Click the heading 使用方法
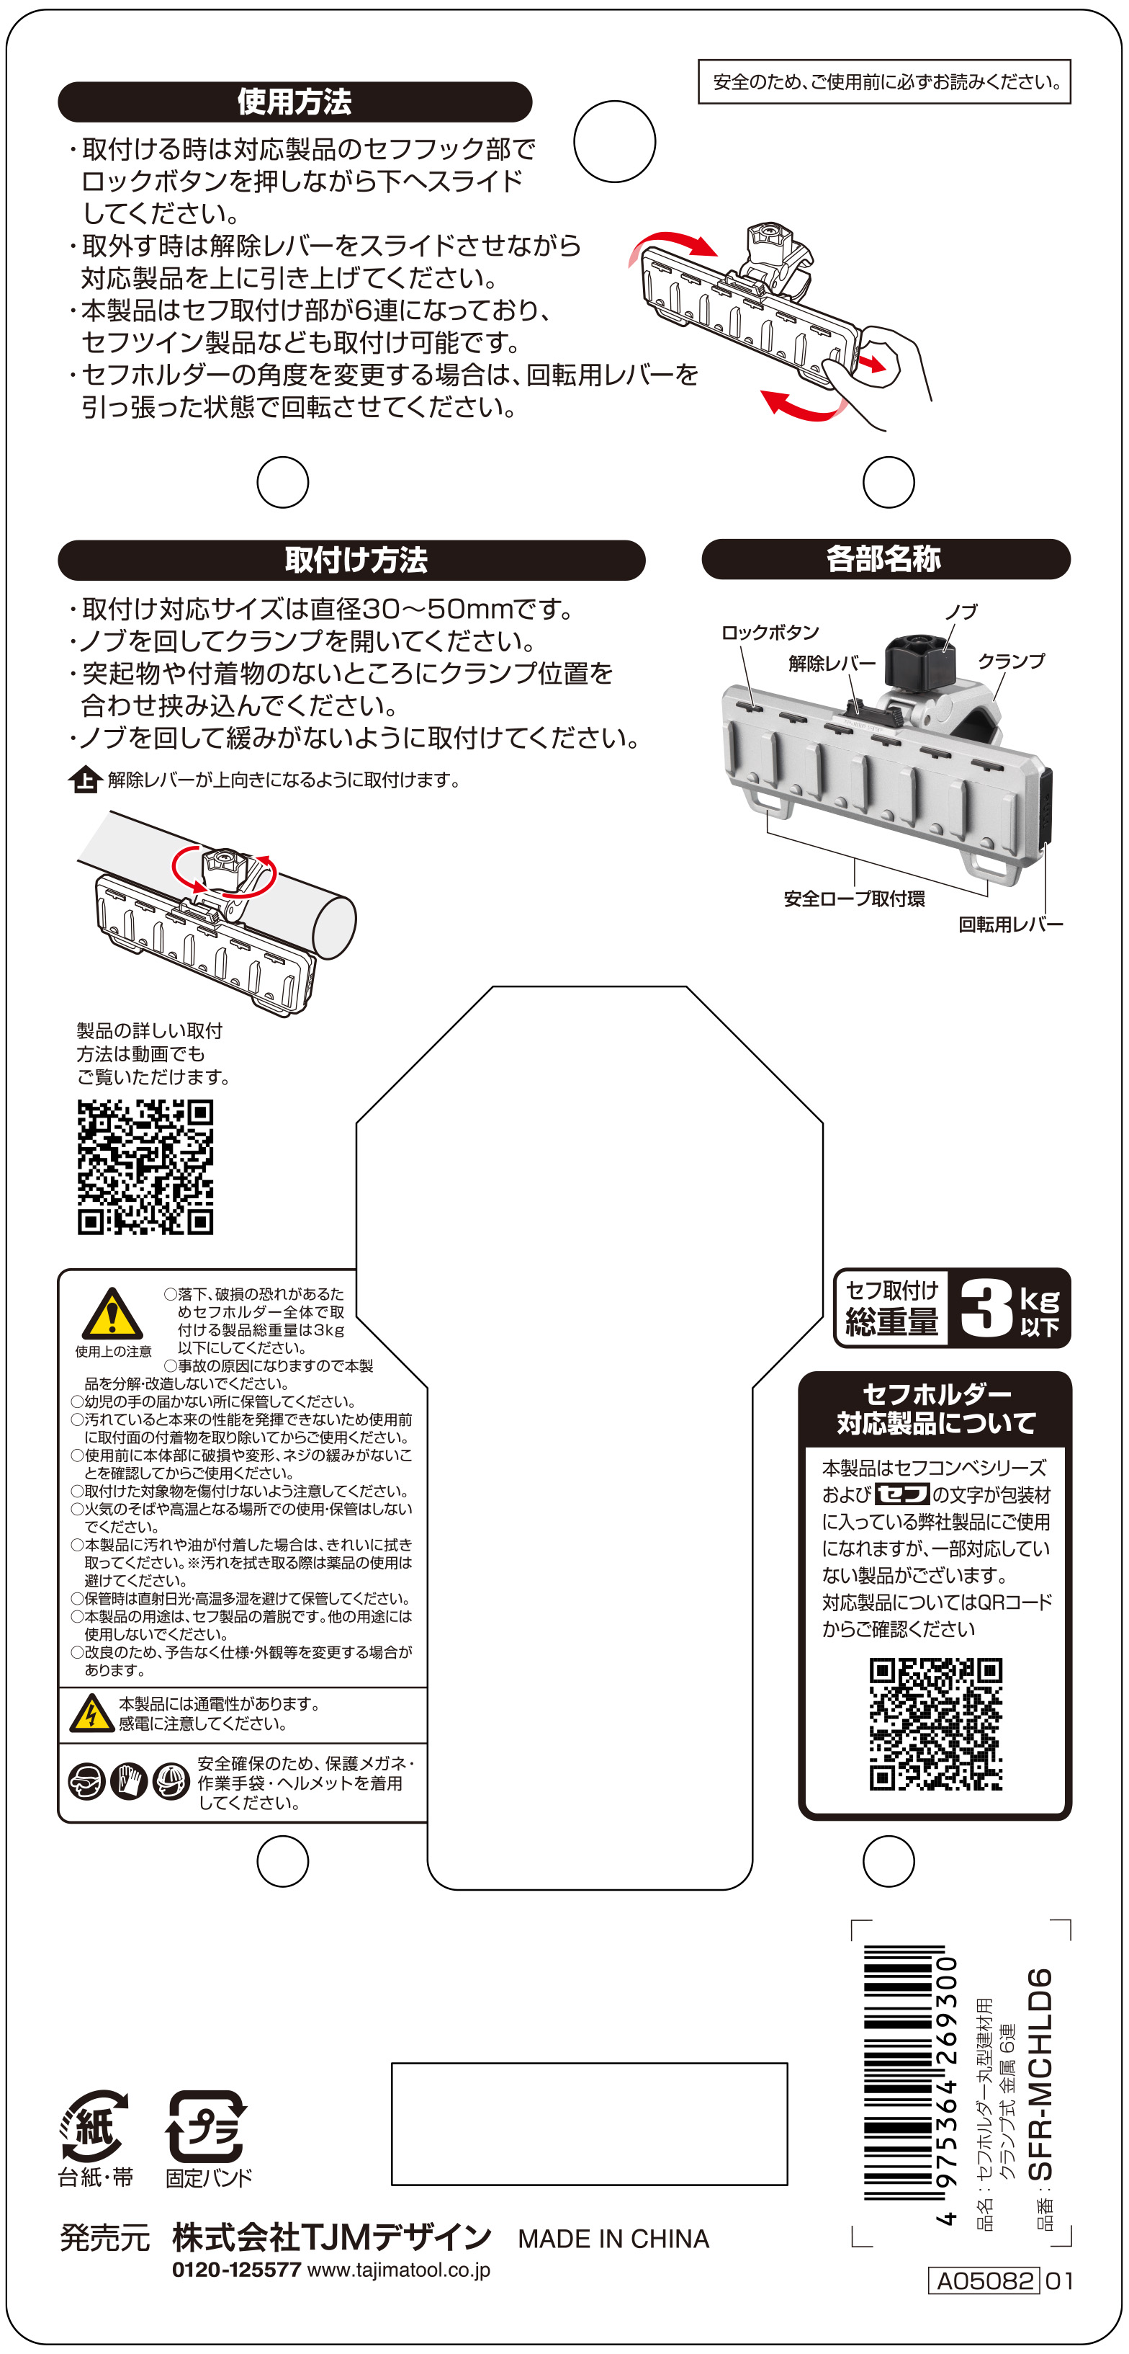point(294,102)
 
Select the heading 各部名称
point(883,558)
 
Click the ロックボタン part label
point(770,633)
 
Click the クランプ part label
point(1011,661)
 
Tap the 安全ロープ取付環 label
point(854,899)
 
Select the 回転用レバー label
point(1010,924)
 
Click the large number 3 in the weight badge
point(985,1308)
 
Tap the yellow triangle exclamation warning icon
point(112,1314)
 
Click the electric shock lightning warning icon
point(91,1713)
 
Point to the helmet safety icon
point(171,1781)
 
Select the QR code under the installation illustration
point(145,1167)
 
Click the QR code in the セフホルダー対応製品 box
point(935,1724)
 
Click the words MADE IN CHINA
point(613,2238)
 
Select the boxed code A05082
point(984,2281)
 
